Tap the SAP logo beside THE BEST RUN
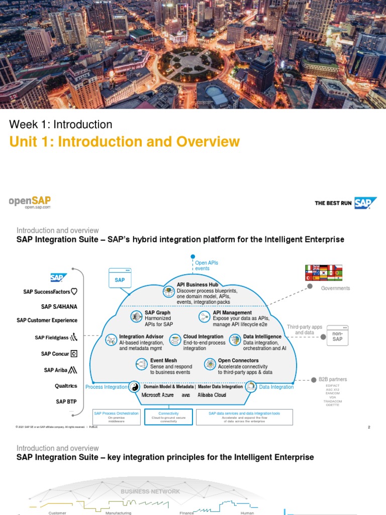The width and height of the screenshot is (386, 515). pyautogui.click(x=366, y=203)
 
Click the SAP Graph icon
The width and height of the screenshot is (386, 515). pyautogui.click(x=136, y=316)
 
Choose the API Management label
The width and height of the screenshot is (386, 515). pyautogui.click(x=232, y=312)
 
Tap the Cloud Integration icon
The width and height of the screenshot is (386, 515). pyautogui.click(x=175, y=340)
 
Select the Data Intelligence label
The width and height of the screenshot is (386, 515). pyautogui.click(x=262, y=336)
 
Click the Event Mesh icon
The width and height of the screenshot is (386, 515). pyautogui.click(x=141, y=364)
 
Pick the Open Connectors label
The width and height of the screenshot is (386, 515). pyautogui.click(x=238, y=361)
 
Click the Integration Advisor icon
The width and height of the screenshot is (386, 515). pyautogui.click(x=111, y=340)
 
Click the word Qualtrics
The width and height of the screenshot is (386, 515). pyautogui.click(x=66, y=386)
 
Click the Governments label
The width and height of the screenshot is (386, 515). pyautogui.click(x=336, y=288)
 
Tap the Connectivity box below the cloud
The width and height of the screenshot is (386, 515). pyautogui.click(x=168, y=416)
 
